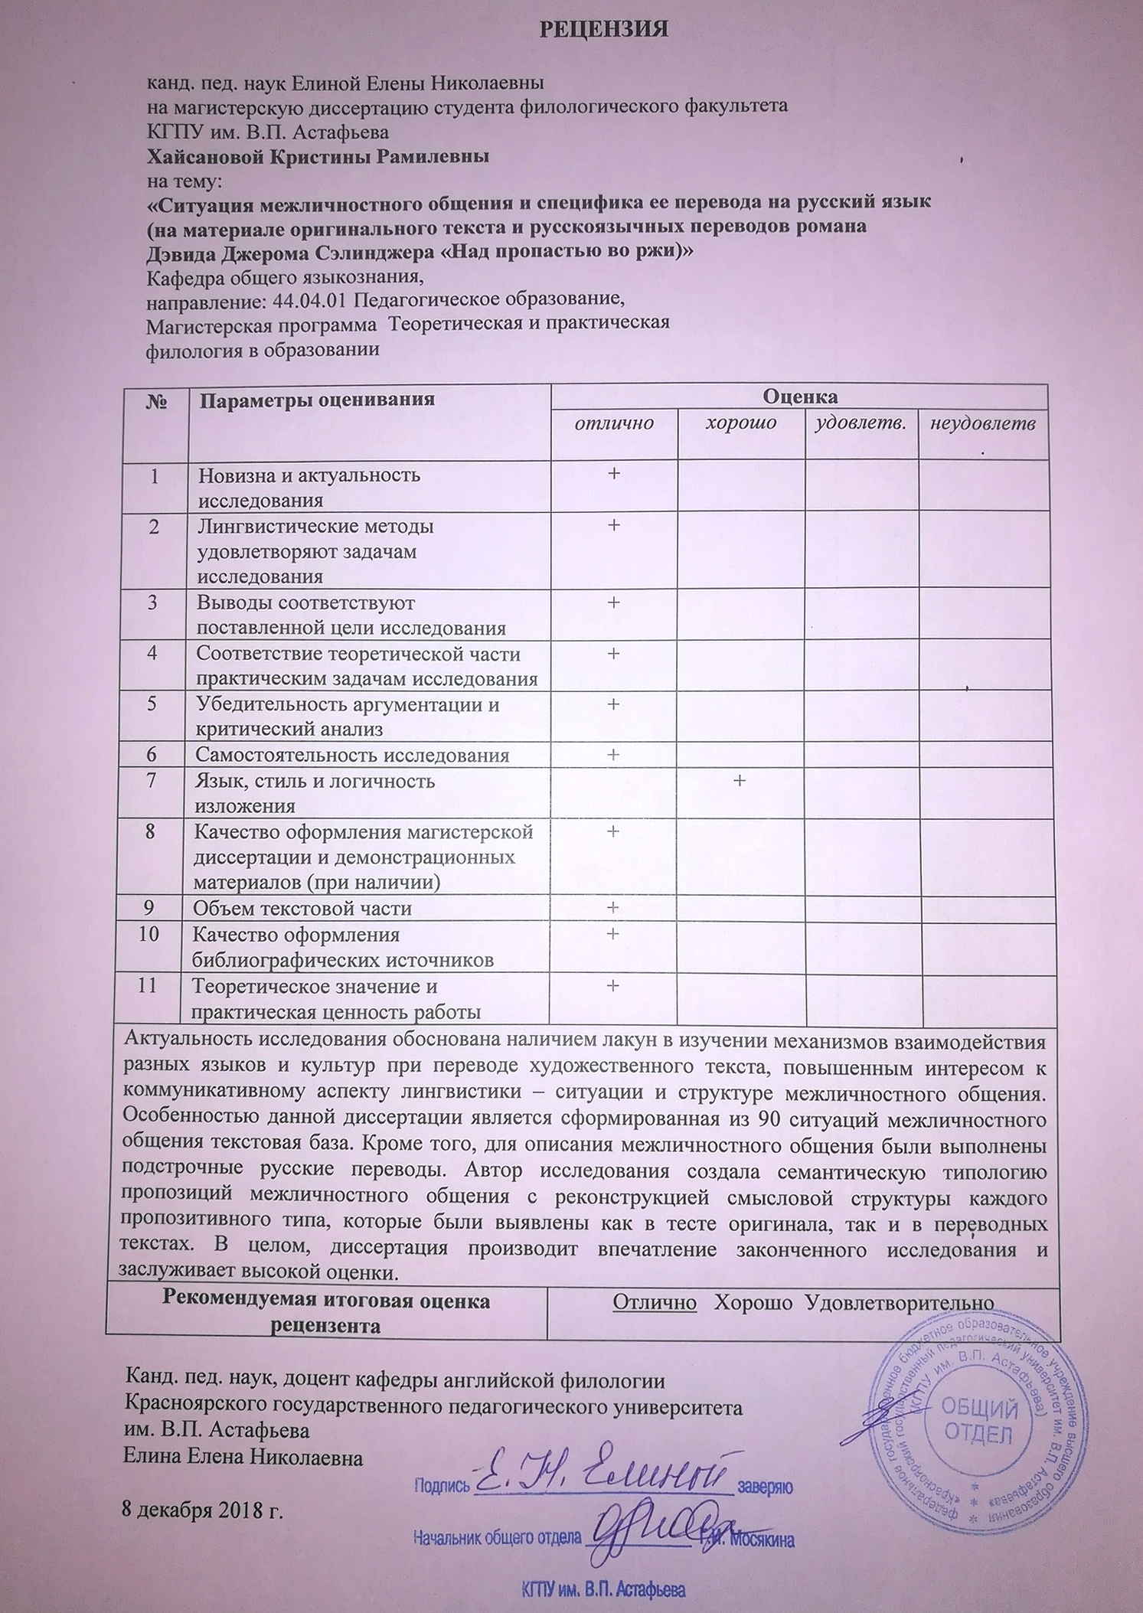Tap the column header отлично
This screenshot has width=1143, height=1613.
click(615, 423)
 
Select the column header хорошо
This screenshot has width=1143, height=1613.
click(740, 423)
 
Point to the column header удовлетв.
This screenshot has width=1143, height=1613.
click(861, 423)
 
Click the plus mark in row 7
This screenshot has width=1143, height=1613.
click(740, 780)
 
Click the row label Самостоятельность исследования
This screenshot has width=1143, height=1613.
click(352, 755)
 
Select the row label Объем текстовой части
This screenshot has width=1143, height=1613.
click(302, 909)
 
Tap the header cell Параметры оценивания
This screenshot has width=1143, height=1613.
click(317, 399)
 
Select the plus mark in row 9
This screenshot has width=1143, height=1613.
click(613, 908)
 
